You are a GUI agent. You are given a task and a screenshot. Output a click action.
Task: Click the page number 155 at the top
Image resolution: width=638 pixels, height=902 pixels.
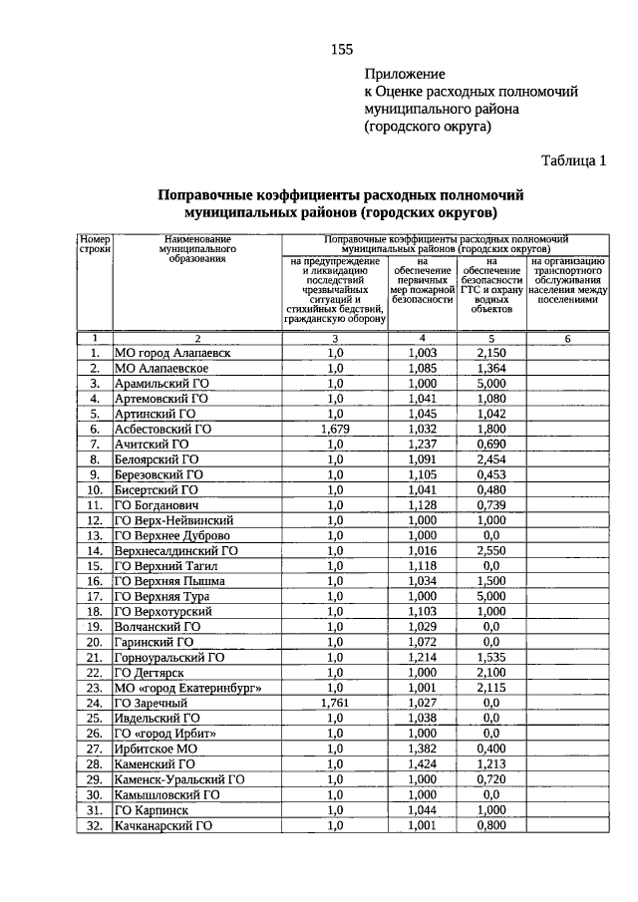click(341, 50)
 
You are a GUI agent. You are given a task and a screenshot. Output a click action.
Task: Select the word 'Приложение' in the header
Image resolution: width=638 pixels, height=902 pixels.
click(405, 74)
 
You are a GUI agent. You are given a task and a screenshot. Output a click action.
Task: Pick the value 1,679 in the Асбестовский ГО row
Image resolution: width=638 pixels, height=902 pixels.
click(334, 429)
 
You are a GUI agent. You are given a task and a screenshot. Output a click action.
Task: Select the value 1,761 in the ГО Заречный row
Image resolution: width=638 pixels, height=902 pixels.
click(334, 704)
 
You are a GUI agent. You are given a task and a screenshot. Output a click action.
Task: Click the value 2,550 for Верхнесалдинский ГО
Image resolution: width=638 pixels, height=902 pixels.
click(489, 551)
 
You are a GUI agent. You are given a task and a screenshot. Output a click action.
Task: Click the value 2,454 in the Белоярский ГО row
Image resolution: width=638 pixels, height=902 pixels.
click(489, 459)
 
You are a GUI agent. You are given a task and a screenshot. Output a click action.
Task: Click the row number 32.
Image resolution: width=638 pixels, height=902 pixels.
click(95, 826)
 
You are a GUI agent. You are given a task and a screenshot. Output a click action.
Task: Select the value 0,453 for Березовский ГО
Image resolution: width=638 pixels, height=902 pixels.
click(489, 474)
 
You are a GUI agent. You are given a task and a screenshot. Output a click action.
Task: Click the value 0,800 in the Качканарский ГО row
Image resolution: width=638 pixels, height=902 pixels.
click(489, 826)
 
